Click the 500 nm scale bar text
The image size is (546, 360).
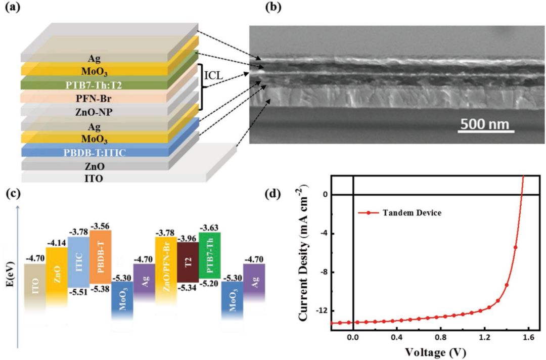point(484,124)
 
